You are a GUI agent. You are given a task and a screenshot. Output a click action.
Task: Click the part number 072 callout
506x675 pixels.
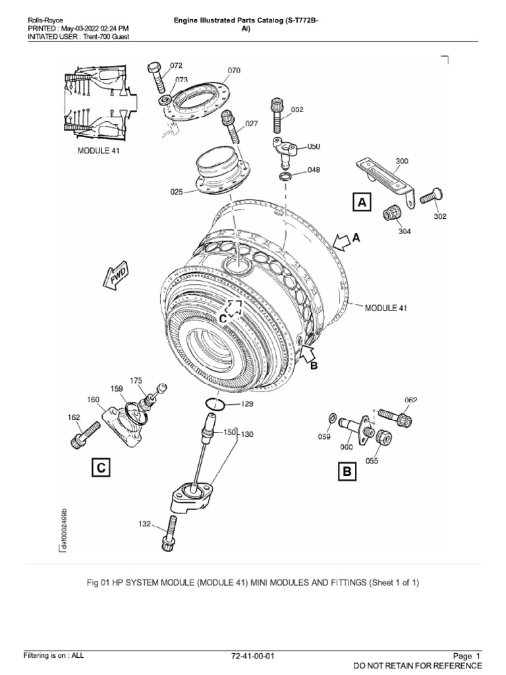click(176, 65)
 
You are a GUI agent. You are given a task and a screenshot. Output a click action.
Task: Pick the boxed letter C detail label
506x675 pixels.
click(100, 468)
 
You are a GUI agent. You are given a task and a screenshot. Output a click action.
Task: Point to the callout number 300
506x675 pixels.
click(402, 160)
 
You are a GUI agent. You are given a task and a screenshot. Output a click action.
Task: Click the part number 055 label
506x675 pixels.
click(372, 461)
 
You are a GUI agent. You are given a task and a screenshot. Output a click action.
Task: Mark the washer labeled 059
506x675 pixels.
click(333, 418)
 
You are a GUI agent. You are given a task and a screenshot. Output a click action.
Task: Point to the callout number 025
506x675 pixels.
click(177, 192)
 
